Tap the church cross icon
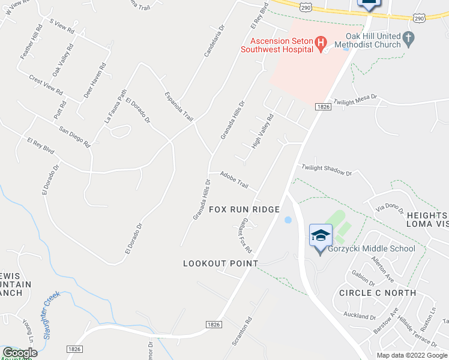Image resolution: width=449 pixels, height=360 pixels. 408,40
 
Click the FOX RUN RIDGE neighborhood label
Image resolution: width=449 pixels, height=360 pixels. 244,209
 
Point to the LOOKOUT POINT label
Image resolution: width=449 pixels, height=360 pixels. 220,263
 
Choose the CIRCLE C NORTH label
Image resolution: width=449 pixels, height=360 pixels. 377,293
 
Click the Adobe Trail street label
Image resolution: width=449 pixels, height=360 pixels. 234,179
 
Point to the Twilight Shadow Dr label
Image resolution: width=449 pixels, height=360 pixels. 327,170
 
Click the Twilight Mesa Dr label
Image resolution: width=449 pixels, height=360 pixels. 355,100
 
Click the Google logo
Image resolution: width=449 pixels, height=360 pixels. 20,353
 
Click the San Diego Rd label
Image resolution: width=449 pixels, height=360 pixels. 74,136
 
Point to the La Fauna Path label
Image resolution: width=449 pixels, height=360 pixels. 116,106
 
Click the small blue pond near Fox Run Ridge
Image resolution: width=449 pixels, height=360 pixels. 288,220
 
